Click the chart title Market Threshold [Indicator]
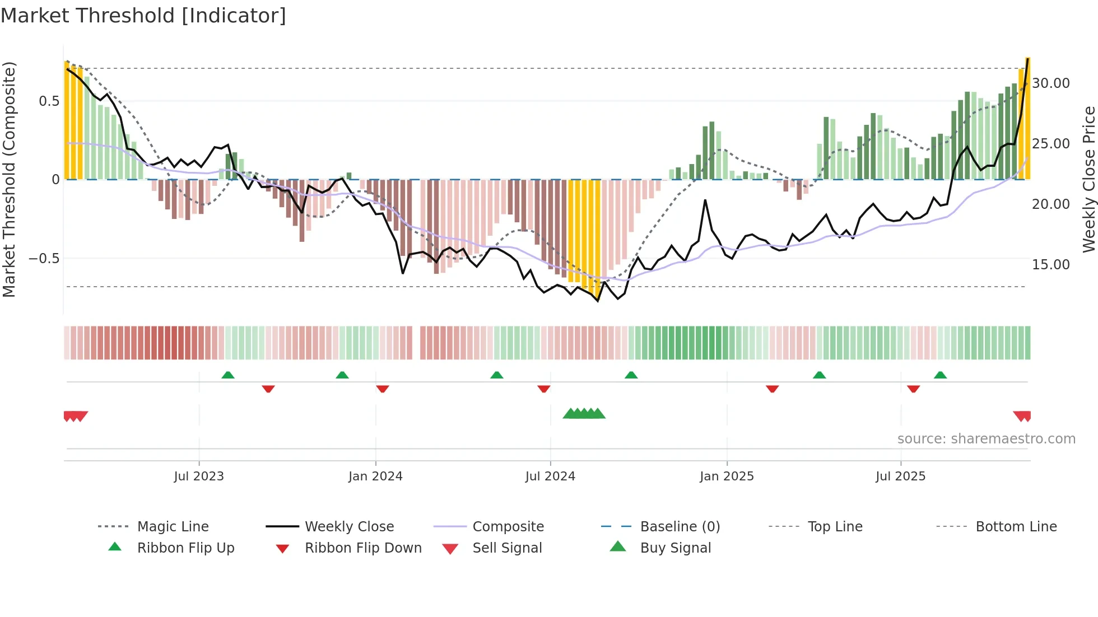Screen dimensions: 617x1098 [x=143, y=16]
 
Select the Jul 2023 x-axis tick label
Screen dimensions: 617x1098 [x=198, y=476]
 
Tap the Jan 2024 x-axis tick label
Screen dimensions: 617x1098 [x=375, y=476]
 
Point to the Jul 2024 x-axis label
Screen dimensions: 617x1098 [x=550, y=476]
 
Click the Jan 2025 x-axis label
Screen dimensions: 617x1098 [x=727, y=476]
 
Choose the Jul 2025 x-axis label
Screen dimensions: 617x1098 [x=900, y=476]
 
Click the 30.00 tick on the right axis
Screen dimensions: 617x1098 [x=1051, y=83]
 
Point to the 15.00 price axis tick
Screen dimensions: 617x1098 [x=1051, y=265]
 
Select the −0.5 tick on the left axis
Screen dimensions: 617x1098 [x=44, y=259]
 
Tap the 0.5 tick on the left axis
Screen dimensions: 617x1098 [x=49, y=101]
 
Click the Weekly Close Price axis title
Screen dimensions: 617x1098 [x=1088, y=179]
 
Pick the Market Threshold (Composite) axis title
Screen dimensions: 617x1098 [x=9, y=179]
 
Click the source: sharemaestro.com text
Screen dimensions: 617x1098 [x=986, y=439]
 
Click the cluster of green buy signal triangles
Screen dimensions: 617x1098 [x=584, y=414]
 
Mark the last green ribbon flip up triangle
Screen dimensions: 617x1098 [x=940, y=375]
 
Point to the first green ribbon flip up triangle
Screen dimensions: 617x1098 [x=227, y=375]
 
